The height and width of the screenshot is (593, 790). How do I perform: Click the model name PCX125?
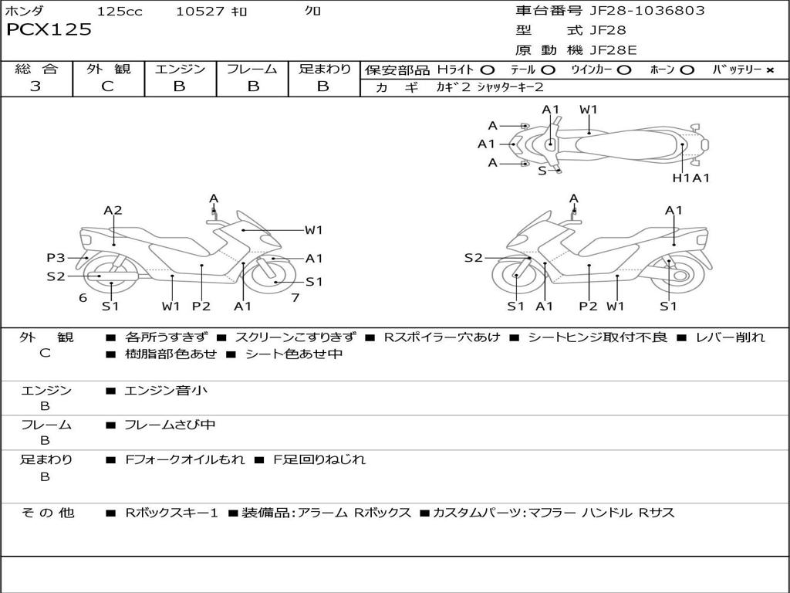click(x=49, y=30)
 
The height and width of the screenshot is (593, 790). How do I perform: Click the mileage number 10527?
click(x=200, y=12)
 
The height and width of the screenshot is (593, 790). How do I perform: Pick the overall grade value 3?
click(x=35, y=86)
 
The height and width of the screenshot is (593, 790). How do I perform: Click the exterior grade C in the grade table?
click(x=107, y=86)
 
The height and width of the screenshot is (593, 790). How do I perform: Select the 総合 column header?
click(x=36, y=69)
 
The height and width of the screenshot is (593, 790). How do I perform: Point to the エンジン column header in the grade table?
click(x=180, y=69)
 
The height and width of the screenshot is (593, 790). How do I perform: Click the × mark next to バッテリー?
click(x=769, y=70)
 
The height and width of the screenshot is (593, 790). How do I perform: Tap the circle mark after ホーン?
click(x=687, y=70)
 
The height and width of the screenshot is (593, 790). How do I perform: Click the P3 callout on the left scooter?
click(x=56, y=258)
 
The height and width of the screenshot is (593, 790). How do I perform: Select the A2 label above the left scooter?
click(x=113, y=210)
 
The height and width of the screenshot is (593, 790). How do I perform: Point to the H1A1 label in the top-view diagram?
click(x=690, y=178)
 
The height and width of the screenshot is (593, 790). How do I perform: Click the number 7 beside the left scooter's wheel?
click(x=295, y=297)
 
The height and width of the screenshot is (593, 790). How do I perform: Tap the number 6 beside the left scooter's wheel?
click(x=83, y=297)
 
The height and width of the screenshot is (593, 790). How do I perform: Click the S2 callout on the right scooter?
click(x=473, y=258)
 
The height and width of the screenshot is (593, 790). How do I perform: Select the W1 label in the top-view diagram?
click(x=589, y=110)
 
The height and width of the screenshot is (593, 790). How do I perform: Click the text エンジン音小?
click(x=166, y=391)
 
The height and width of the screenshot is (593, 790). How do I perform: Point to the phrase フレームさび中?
click(x=170, y=425)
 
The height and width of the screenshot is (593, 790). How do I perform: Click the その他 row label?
click(x=46, y=513)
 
